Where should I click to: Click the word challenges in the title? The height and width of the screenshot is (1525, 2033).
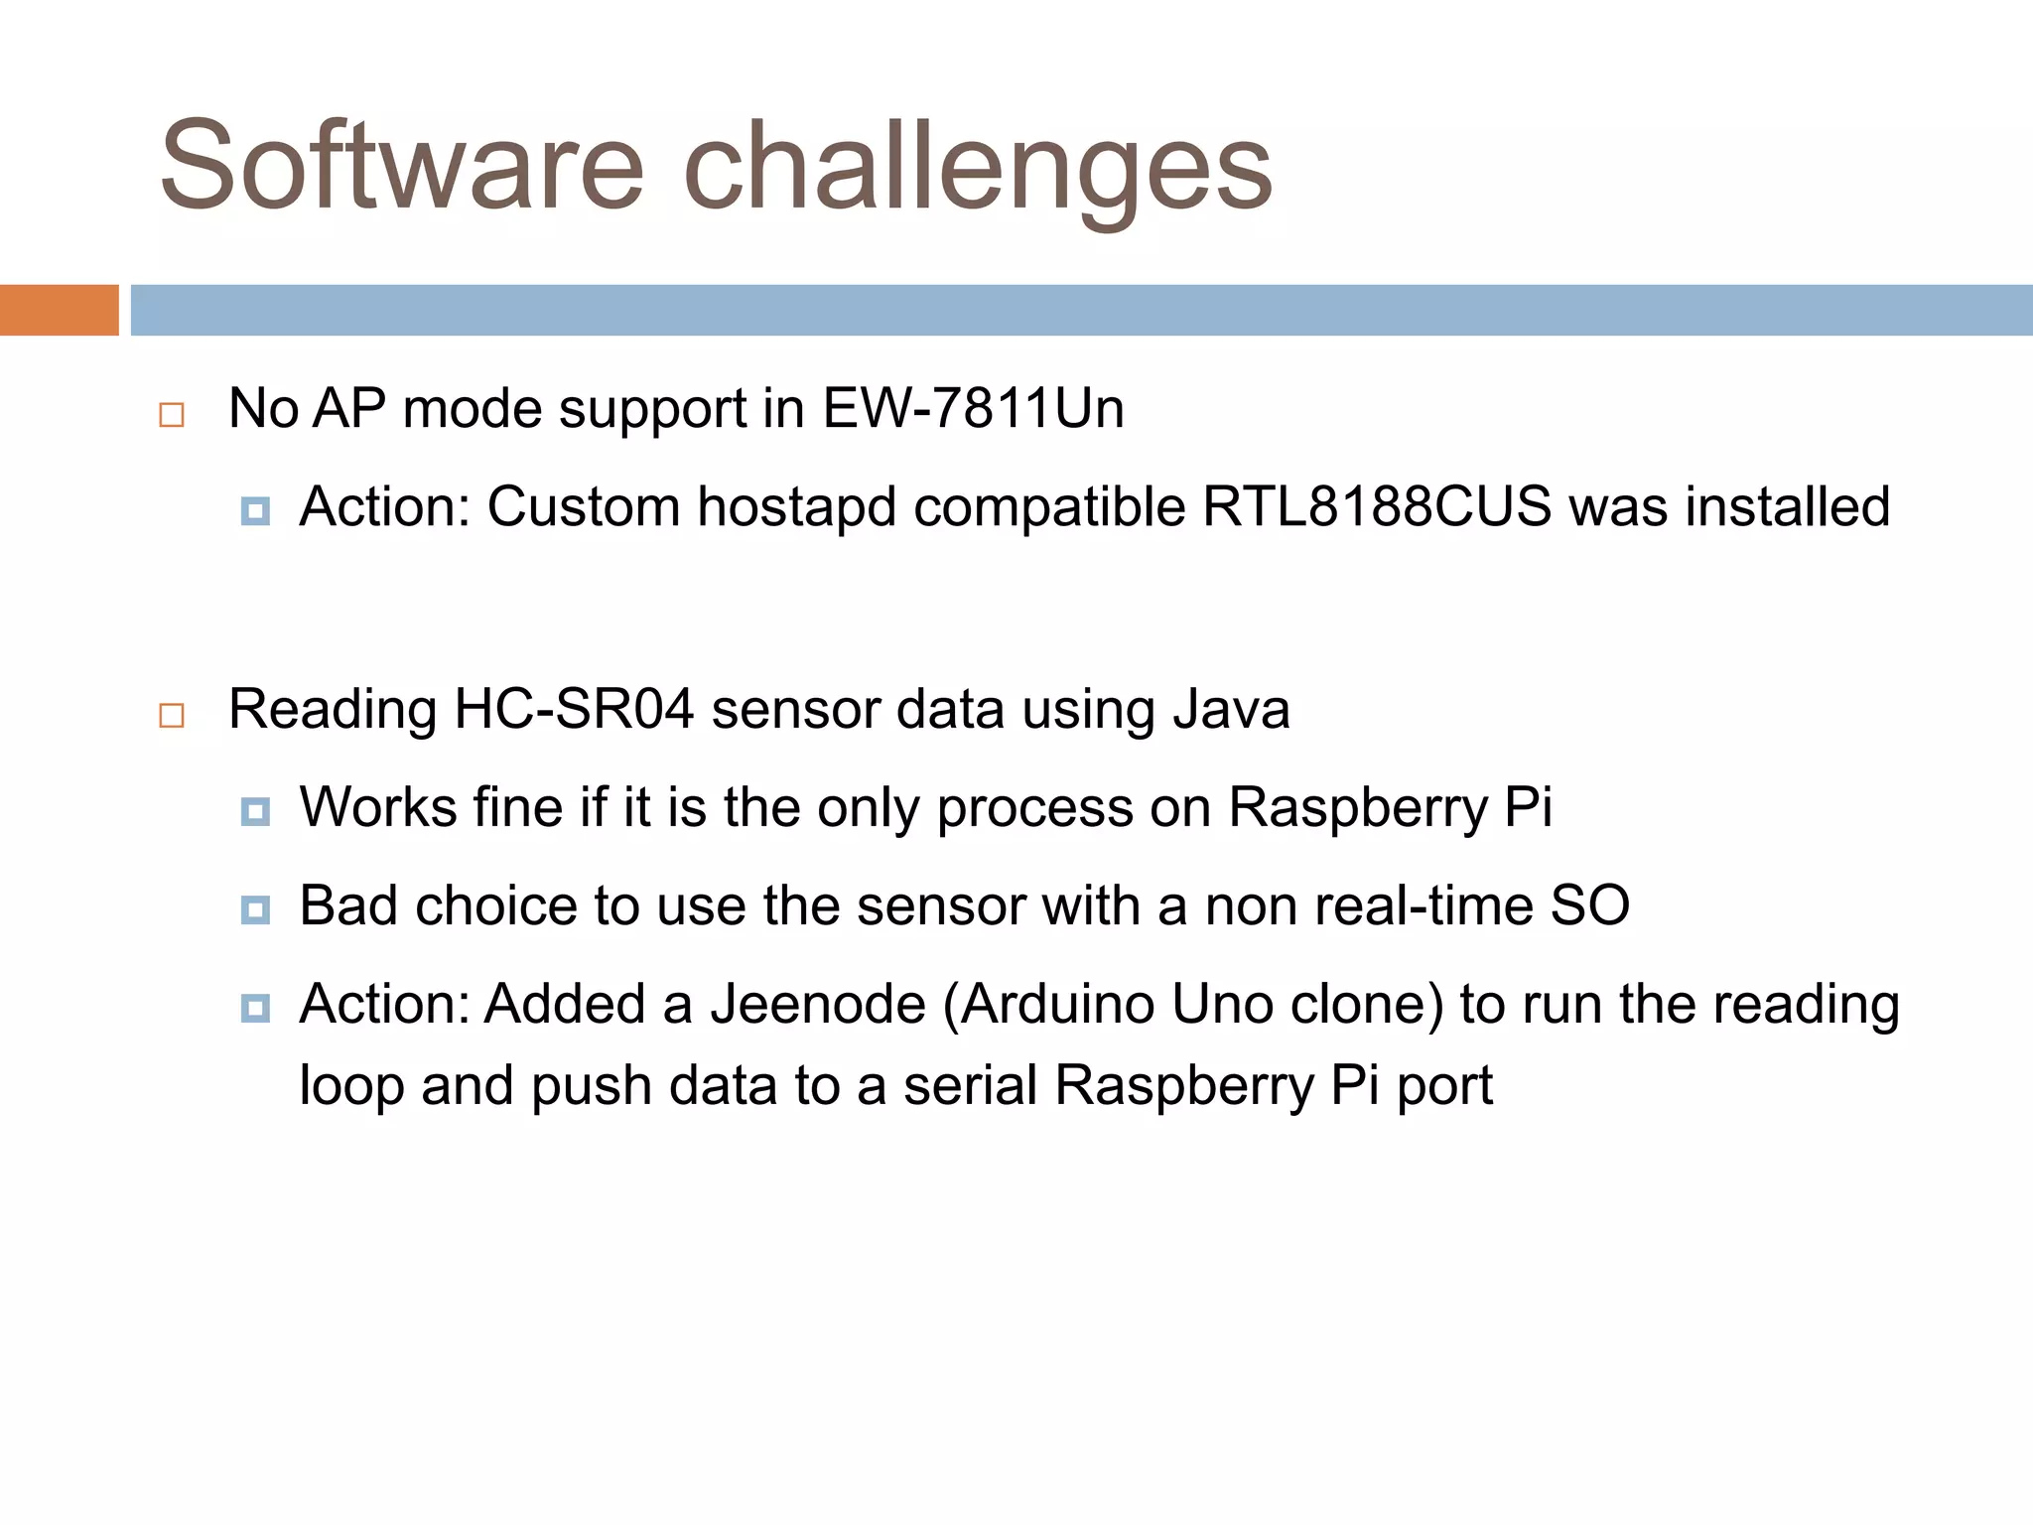978,169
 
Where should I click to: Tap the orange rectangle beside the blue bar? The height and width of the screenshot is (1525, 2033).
59,310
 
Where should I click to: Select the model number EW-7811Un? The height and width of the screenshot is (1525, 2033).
973,408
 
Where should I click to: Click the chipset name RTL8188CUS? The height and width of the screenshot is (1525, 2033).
1377,507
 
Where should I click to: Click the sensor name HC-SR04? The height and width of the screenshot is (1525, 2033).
574,710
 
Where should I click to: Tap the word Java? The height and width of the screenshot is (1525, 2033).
1231,710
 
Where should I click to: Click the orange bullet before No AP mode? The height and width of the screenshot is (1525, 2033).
172,414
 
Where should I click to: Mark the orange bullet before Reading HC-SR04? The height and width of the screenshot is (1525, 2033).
172,715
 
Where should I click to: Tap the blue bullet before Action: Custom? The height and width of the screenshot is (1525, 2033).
255,511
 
